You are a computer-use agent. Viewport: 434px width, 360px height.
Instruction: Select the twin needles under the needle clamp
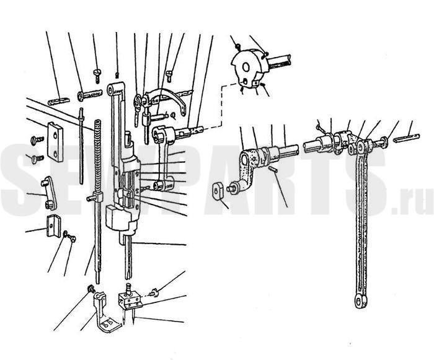click(x=128, y=316)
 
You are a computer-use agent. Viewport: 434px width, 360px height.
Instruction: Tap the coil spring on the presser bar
click(x=97, y=155)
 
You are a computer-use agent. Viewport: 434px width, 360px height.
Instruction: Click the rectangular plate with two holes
click(x=55, y=143)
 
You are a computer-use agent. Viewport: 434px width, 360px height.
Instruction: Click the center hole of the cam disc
click(x=246, y=67)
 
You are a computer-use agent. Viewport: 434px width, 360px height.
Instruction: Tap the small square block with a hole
click(x=218, y=190)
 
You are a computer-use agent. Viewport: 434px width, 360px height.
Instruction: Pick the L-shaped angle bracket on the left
click(x=54, y=226)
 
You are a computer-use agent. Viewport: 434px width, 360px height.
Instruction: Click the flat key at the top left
click(x=59, y=101)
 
